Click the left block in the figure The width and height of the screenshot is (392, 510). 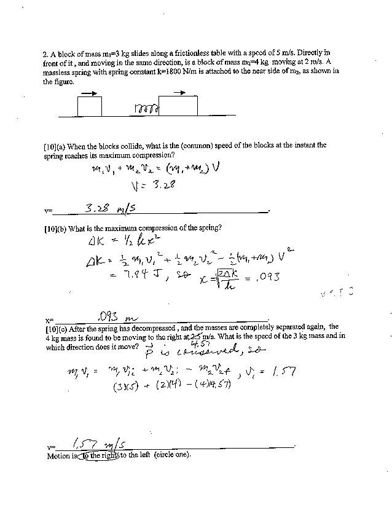click(x=90, y=106)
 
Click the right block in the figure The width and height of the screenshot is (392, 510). click(x=178, y=106)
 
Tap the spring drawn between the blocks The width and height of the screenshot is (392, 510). click(x=146, y=109)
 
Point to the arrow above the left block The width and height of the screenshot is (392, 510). click(x=89, y=93)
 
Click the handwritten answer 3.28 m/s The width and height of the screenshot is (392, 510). click(x=106, y=210)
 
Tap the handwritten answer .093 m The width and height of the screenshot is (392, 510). click(x=117, y=317)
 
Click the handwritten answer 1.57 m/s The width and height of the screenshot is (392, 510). click(x=98, y=444)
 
